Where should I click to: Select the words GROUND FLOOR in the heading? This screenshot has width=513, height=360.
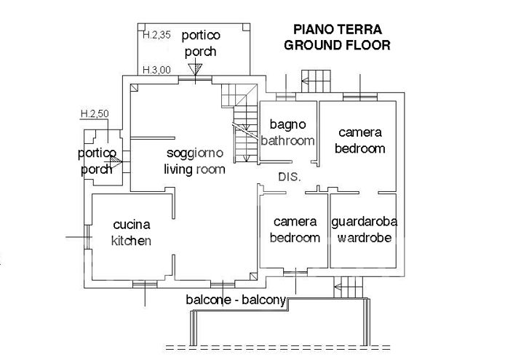coord(337,44)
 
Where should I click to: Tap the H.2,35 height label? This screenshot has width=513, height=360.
coord(156,34)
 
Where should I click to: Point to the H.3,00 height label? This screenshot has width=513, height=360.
coord(156,71)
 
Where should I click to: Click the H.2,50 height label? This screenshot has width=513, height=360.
coord(95,114)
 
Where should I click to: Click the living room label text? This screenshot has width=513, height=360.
coord(194,169)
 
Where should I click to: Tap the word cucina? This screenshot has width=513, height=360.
coord(131,225)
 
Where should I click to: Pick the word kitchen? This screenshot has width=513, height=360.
coord(131,241)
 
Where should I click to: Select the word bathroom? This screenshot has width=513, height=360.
coord(288,140)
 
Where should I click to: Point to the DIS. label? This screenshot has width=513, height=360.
coord(290,177)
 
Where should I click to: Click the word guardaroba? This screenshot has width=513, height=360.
coord(363,221)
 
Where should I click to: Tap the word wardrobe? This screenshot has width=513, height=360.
coord(363,238)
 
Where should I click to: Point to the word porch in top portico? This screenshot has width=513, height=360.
coord(201,52)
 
